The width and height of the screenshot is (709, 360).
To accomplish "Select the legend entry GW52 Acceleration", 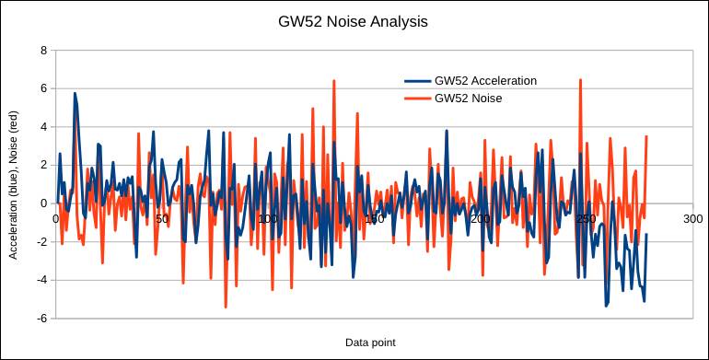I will (x=484, y=80).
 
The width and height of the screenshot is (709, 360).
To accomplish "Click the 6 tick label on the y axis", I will (x=43, y=88).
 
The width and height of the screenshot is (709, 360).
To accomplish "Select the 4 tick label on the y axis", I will (x=43, y=127).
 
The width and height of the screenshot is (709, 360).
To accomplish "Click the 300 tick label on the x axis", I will (x=692, y=219).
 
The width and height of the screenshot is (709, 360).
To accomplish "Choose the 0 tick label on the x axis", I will (x=56, y=219).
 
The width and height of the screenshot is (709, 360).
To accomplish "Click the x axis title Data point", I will (x=370, y=343).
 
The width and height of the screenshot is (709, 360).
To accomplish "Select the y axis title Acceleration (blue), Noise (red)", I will (x=14, y=184).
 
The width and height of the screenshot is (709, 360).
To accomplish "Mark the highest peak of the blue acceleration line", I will (x=75, y=93).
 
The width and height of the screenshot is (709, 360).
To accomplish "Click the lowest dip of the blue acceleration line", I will (x=606, y=306).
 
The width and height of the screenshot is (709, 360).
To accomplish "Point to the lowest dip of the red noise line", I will (x=226, y=307).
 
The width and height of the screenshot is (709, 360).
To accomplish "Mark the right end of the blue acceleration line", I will (x=646, y=234).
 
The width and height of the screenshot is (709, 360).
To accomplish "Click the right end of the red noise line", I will (x=646, y=136).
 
